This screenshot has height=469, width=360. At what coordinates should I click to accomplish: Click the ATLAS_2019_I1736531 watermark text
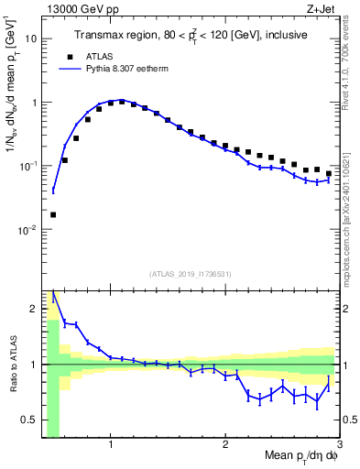click(x=191, y=274)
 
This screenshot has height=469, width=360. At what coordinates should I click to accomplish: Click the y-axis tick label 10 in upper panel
click(x=29, y=39)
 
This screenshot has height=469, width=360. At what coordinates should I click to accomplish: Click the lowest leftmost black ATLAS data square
click(x=53, y=214)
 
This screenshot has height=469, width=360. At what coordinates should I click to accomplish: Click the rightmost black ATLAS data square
click(x=329, y=173)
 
